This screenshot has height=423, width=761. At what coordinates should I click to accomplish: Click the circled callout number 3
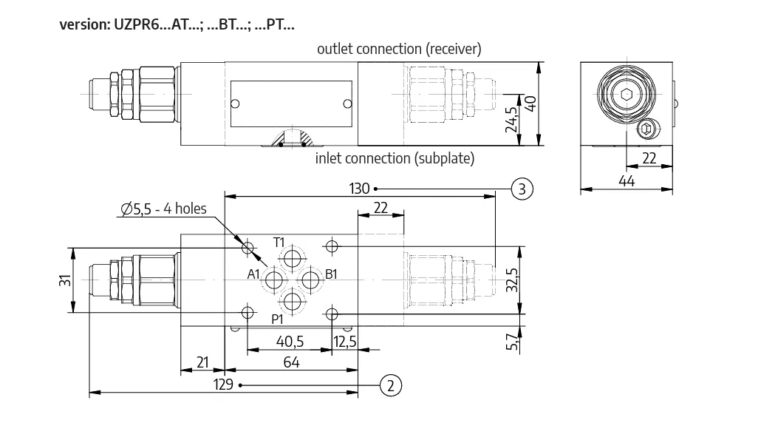coord(522,189)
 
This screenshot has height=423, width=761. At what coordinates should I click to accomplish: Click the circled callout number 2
coord(391,385)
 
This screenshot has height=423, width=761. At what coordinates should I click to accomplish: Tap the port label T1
coord(279,243)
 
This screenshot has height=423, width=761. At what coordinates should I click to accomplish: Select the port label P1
coord(277,319)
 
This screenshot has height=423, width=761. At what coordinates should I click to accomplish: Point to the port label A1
coord(253,274)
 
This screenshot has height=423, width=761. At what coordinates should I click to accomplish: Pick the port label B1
coord(331,274)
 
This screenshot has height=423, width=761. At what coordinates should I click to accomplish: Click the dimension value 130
coord(359,189)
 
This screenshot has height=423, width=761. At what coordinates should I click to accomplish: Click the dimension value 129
coord(223,385)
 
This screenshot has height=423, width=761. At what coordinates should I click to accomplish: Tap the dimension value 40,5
coord(290,342)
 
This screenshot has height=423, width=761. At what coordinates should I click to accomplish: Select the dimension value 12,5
coord(344,342)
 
